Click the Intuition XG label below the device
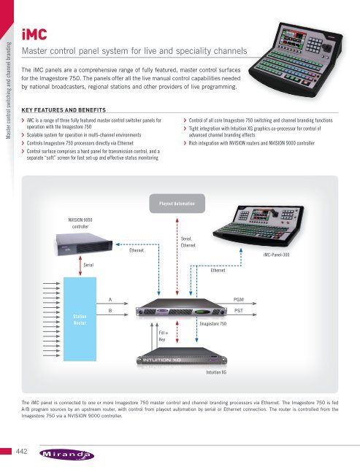coord(215,372)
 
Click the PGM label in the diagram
coord(239,300)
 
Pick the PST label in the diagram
coord(239,311)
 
